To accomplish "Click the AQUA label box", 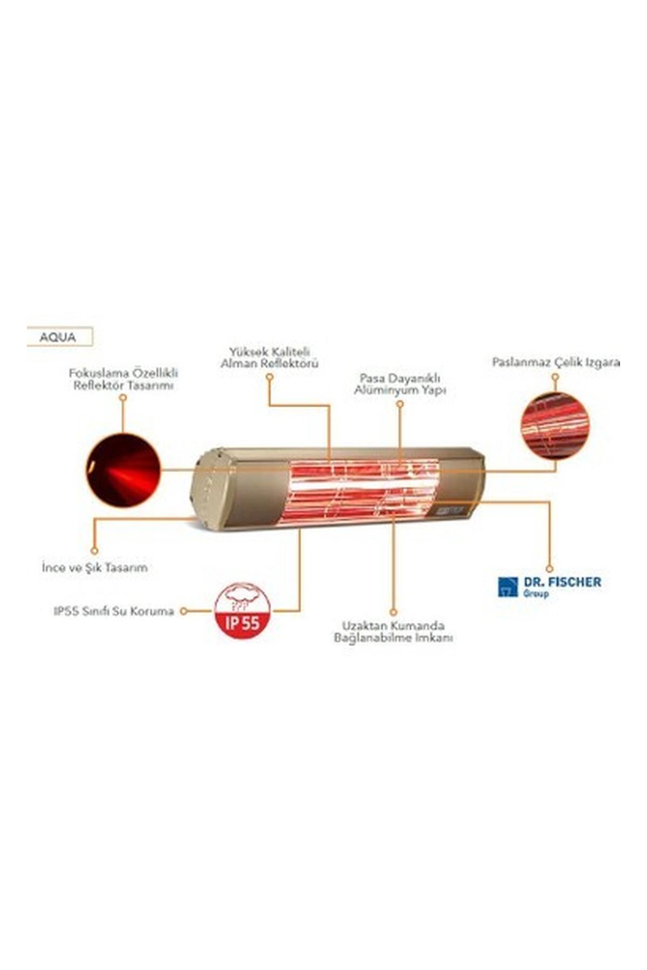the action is pos(60,337).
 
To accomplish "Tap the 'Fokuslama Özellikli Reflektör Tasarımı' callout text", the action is pos(123,379).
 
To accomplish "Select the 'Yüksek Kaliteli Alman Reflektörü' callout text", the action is pos(270,357).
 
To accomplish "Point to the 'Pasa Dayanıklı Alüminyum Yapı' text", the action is pos(400,383).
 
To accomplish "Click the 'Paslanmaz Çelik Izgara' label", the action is pos(556,362).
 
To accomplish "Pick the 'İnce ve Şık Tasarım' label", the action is pos(95,568).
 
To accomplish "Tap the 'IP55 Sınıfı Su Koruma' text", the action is pos(114,612).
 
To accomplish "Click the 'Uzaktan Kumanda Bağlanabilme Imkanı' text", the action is pos(394,632).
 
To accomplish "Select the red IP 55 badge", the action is pos(243,611).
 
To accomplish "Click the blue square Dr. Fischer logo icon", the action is pos(508,587).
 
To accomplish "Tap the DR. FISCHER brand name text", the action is pos(562,582).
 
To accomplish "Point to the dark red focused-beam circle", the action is pos(123,470).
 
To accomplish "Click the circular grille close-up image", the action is pos(555,426).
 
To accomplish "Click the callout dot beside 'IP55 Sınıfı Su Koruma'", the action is pos(184,611).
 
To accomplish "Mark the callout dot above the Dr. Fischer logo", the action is pos(549,568).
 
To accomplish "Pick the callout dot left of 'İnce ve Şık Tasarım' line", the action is pos(94,551).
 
